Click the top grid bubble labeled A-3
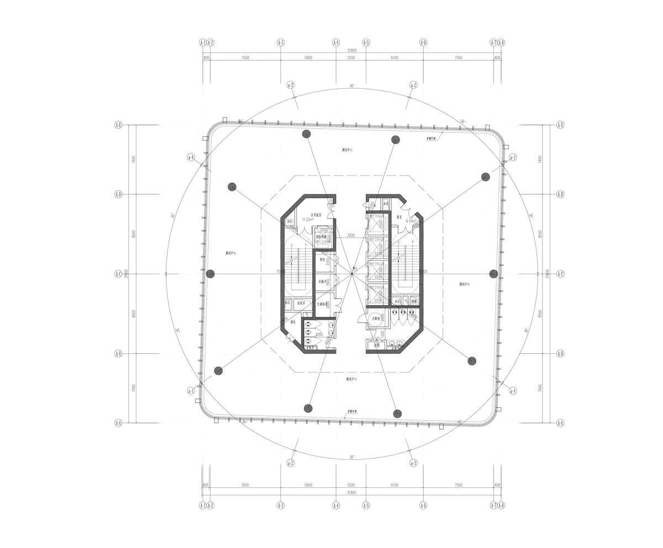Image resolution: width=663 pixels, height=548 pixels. (x=280, y=42)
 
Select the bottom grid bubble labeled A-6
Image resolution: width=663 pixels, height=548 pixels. (x=423, y=505)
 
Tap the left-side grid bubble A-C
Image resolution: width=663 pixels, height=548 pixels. (x=118, y=274)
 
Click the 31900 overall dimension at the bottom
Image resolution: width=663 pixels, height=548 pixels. (x=351, y=492)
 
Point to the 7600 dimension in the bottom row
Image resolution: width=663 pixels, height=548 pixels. (x=245, y=485)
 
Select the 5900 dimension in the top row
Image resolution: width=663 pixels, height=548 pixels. (x=308, y=57)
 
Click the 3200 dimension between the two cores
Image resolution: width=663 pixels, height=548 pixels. (x=351, y=236)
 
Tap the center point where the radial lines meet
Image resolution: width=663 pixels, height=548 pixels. (x=352, y=274)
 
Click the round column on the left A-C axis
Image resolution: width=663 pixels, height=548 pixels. (x=210, y=274)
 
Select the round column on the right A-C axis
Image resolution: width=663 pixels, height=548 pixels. (x=493, y=274)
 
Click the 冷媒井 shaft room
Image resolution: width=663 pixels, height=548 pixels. (x=323, y=282)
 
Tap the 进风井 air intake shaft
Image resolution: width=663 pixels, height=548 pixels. (x=302, y=302)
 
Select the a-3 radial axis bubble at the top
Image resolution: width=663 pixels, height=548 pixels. (x=291, y=85)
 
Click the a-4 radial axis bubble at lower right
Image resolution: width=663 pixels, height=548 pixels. (x=513, y=391)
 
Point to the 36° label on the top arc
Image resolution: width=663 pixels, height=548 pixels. (x=352, y=86)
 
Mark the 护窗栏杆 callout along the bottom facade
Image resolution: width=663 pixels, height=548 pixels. (x=352, y=412)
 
